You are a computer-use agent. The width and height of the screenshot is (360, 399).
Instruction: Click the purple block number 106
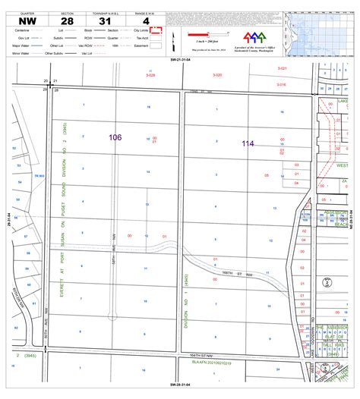[115, 137]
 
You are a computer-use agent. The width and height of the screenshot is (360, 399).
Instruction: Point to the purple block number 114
[248, 143]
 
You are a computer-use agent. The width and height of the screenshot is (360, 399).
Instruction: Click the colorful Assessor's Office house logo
[254, 37]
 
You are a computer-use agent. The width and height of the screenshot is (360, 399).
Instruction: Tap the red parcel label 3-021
[283, 68]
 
